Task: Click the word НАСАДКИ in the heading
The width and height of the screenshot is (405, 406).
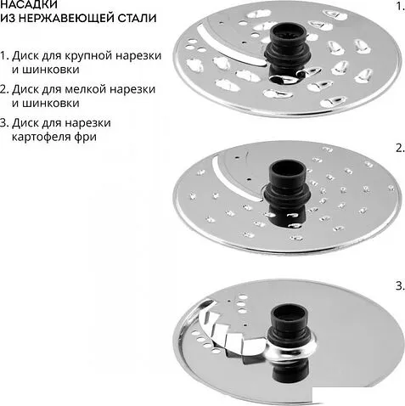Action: click(29, 4)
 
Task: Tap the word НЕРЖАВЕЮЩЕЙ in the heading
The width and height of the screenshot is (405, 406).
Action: click(67, 18)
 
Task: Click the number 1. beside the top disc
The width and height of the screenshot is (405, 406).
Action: click(400, 6)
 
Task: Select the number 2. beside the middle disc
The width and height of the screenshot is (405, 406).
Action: click(400, 148)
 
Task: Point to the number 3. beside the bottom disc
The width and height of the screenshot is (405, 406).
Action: click(400, 286)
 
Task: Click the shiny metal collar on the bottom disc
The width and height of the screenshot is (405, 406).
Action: click(291, 350)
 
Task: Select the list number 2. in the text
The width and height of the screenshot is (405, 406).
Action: click(4, 89)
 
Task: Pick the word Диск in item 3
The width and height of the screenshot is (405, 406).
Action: click(25, 123)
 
